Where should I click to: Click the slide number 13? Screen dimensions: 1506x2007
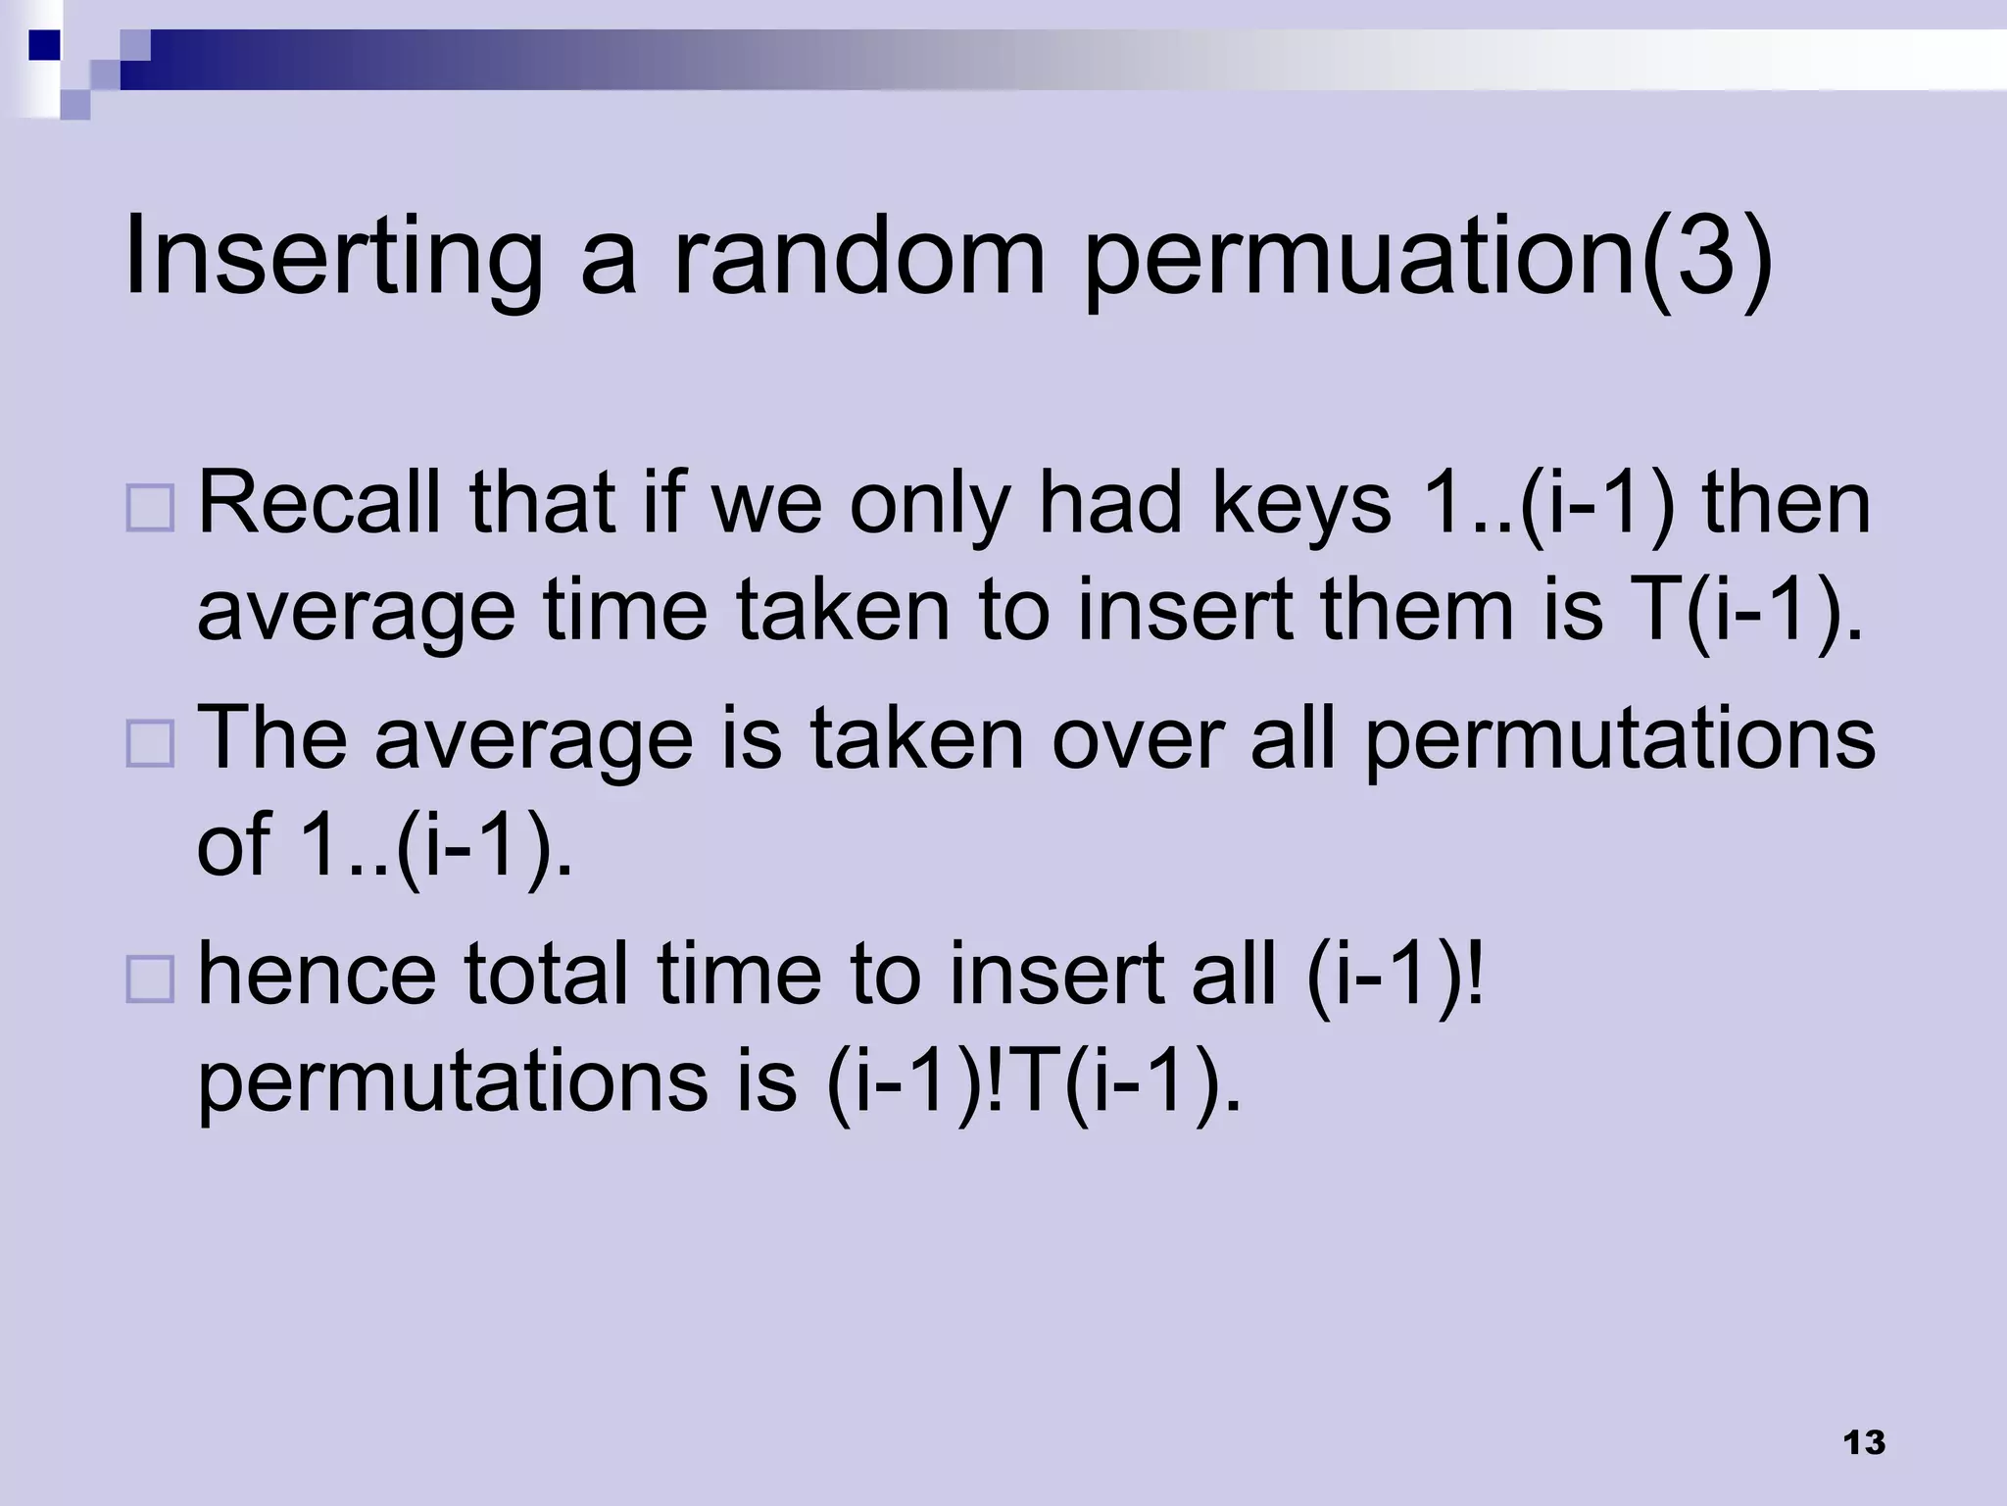coord(1864,1443)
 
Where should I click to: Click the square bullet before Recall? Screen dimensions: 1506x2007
coord(150,508)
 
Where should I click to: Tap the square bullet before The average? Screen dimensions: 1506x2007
coord(150,743)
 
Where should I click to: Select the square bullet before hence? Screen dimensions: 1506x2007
coord(150,978)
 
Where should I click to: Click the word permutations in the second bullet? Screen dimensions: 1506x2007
coord(1619,737)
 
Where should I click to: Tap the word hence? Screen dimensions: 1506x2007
coord(317,973)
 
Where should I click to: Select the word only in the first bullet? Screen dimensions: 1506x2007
coord(929,504)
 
